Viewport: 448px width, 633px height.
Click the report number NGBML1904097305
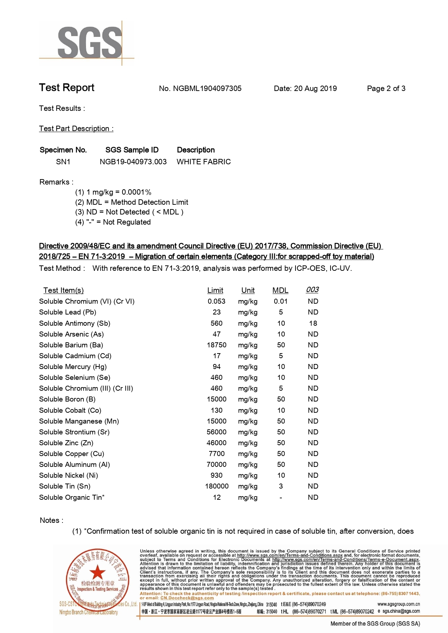(x=207, y=88)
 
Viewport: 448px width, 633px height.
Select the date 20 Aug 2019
(x=315, y=88)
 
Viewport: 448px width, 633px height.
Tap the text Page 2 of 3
(x=386, y=88)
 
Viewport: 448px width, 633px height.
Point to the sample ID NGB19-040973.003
(x=133, y=162)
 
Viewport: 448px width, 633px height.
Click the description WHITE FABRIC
(x=203, y=162)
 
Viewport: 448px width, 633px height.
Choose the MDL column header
(x=280, y=290)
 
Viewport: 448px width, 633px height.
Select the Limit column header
(x=215, y=290)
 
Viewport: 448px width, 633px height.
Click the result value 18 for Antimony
(x=313, y=323)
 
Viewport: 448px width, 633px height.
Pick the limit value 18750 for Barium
(x=216, y=345)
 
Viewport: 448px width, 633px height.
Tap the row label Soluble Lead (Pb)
(x=68, y=312)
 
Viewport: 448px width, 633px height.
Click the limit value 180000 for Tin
(x=217, y=486)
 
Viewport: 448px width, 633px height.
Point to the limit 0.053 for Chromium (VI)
(x=216, y=301)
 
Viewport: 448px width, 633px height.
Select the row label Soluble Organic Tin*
(x=72, y=497)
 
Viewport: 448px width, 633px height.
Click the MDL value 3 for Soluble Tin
(x=281, y=486)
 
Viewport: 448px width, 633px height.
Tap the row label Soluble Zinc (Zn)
(x=66, y=443)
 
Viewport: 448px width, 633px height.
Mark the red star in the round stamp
(x=97, y=572)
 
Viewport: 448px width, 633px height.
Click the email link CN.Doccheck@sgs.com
(x=187, y=598)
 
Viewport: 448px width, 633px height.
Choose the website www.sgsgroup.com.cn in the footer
(x=399, y=604)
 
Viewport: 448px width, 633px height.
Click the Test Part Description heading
(x=76, y=129)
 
